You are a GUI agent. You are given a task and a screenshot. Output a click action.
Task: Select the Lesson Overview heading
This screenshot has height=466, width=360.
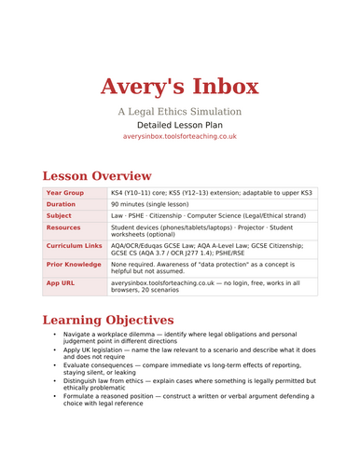tap(97, 174)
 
